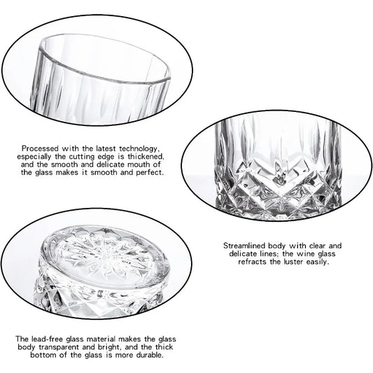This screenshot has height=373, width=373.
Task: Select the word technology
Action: [139, 148]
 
